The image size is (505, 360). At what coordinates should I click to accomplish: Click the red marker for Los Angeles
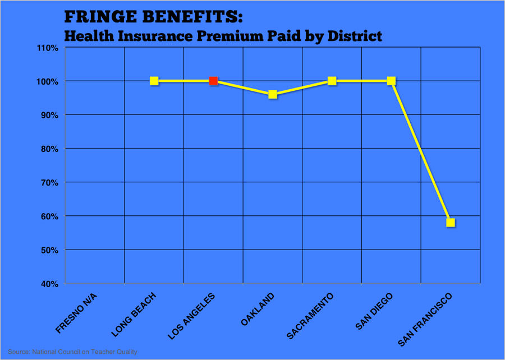tap(213, 81)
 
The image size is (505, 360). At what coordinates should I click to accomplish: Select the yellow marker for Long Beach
tap(154, 81)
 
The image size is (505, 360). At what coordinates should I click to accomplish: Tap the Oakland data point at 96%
tap(273, 94)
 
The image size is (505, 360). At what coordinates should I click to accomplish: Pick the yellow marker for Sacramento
tap(332, 81)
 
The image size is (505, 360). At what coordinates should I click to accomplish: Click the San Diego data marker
tap(391, 81)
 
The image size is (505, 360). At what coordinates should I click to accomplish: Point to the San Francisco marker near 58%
tap(451, 223)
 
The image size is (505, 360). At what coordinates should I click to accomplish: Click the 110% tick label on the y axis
tap(48, 48)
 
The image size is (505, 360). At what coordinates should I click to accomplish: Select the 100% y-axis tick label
tap(48, 81)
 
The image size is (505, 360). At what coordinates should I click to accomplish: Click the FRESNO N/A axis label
tap(77, 313)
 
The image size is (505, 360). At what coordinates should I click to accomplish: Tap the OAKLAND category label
tap(258, 309)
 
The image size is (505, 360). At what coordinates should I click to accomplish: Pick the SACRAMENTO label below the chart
tap(310, 316)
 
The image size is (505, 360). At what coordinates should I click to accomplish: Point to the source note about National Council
tap(73, 352)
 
